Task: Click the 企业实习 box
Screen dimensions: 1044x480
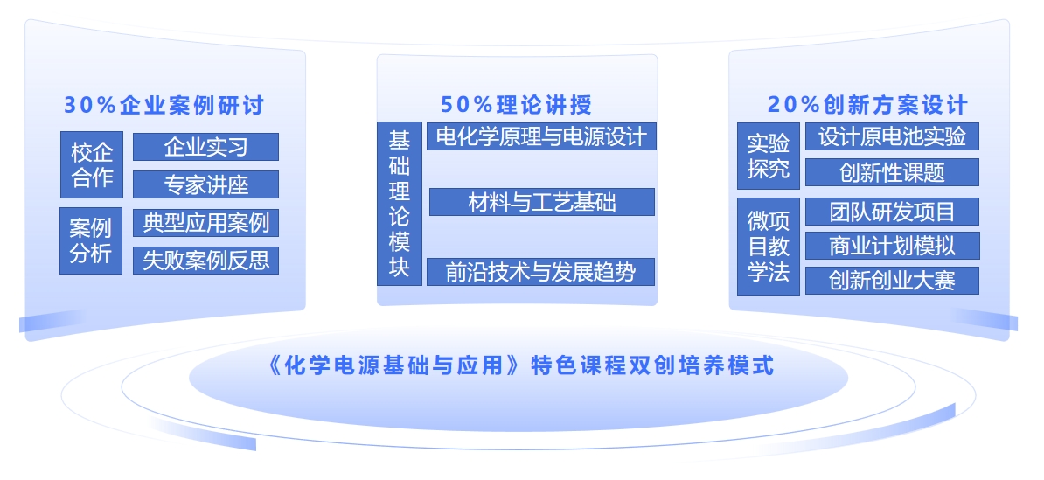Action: (205, 147)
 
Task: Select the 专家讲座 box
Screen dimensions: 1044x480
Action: (205, 184)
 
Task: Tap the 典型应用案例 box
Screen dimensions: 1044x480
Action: (205, 222)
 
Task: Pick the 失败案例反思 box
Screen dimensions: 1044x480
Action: (205, 261)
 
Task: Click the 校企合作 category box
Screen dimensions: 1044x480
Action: (92, 164)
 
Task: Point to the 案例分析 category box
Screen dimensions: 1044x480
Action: (91, 241)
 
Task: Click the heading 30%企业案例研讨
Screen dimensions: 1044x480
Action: (164, 105)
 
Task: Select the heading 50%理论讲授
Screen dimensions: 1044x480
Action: (516, 105)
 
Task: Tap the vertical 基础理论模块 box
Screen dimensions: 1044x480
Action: (400, 204)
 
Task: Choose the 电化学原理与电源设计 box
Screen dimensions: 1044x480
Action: (541, 136)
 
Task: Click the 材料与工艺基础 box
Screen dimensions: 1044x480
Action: (542, 202)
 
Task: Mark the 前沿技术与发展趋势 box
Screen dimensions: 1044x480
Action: (540, 272)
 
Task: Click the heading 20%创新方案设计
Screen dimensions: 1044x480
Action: (867, 105)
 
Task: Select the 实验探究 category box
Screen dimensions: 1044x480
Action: (769, 156)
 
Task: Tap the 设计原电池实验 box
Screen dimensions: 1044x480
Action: (892, 136)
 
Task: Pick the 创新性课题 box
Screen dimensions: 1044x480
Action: (892, 172)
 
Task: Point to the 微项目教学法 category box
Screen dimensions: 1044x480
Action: (769, 247)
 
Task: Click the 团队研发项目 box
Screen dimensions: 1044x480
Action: (892, 212)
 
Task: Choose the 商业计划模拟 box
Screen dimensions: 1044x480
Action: (893, 246)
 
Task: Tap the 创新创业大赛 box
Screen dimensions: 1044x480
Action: (892, 281)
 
